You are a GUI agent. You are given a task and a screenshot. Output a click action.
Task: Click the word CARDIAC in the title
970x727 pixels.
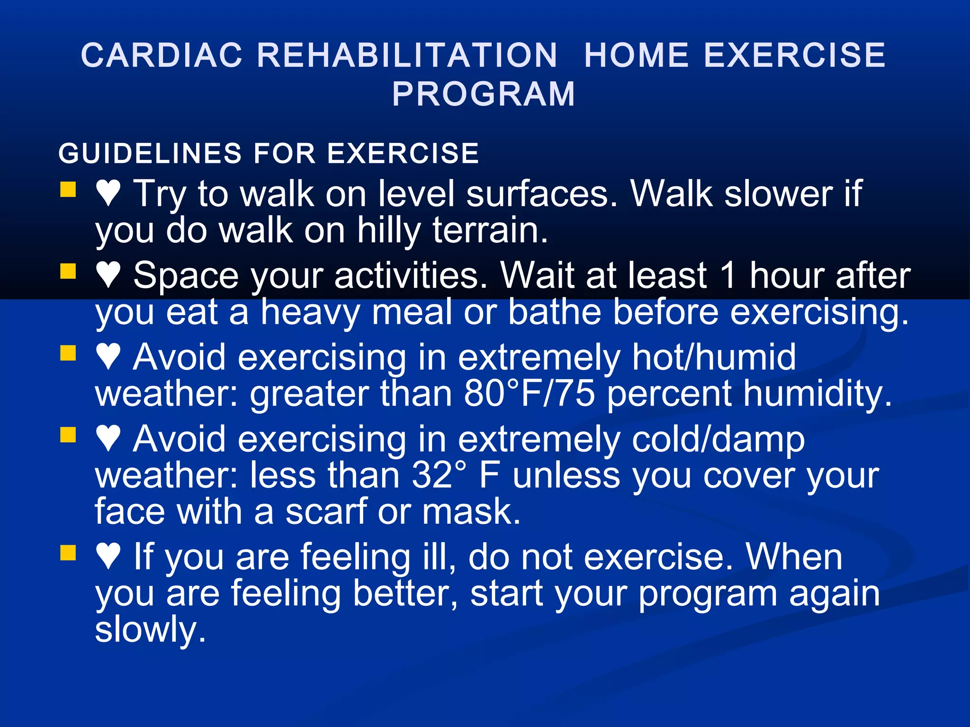[x=162, y=55]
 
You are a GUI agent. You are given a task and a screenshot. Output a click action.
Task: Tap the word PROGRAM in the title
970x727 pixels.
[x=484, y=94]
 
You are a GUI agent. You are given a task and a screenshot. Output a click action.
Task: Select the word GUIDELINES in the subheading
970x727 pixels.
[x=150, y=153]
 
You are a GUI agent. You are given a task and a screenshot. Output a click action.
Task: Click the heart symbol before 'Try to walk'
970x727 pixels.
[x=108, y=193]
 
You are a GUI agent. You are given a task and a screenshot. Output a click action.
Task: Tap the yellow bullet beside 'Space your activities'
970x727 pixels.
[x=68, y=272]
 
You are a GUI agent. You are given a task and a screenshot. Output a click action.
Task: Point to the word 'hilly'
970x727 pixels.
[x=388, y=231]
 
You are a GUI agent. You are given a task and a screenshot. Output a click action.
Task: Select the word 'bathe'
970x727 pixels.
[x=554, y=312]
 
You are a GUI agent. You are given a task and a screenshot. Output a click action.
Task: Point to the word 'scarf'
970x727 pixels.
[x=327, y=512]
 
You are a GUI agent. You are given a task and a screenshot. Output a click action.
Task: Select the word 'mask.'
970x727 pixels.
[x=471, y=512]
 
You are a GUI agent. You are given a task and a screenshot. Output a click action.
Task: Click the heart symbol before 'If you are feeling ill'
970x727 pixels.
[x=108, y=556]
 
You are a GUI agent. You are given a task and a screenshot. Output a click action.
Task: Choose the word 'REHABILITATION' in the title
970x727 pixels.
[x=407, y=55]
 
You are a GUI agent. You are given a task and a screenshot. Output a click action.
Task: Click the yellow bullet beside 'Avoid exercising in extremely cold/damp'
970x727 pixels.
[x=68, y=434]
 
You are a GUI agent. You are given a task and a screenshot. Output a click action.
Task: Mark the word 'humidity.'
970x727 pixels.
[x=817, y=394]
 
